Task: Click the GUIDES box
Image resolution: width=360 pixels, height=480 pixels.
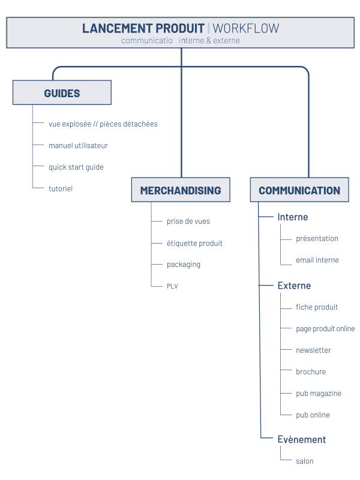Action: coord(62,92)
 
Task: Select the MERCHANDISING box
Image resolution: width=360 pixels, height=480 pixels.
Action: coord(181,190)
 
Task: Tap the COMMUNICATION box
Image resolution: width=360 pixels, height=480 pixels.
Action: coord(299,190)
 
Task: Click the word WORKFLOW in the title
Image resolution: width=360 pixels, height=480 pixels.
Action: coord(246,28)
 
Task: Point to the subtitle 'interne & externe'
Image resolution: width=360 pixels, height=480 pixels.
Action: coord(209,40)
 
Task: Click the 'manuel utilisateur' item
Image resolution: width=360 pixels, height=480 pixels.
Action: coord(78,145)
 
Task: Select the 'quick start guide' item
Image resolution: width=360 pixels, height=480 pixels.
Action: coord(76,167)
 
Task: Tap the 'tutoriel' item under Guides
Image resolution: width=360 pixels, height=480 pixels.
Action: coord(61,188)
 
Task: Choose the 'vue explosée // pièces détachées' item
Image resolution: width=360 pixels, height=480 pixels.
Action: coord(103,124)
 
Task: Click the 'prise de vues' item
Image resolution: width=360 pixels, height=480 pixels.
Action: coord(188,221)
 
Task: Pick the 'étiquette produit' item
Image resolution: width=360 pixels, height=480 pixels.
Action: coord(194,243)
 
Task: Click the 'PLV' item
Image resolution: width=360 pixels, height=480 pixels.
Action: coord(172,286)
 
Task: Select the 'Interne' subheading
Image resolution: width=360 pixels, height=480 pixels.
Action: coord(293,217)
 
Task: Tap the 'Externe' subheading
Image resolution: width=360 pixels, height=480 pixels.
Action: coord(294,286)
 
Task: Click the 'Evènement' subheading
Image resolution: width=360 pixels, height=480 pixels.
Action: coord(302,440)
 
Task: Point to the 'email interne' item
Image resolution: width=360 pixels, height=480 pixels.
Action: coord(317,260)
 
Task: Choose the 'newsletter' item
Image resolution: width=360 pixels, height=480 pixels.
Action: coord(313,350)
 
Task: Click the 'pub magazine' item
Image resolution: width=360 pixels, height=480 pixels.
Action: coord(319,394)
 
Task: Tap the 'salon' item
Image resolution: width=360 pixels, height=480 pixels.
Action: coord(305,461)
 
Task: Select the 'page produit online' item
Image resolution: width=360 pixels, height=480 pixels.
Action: coord(325,329)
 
